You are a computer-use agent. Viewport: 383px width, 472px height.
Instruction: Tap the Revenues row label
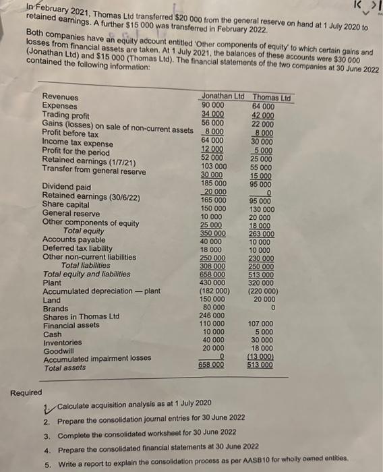coord(60,98)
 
